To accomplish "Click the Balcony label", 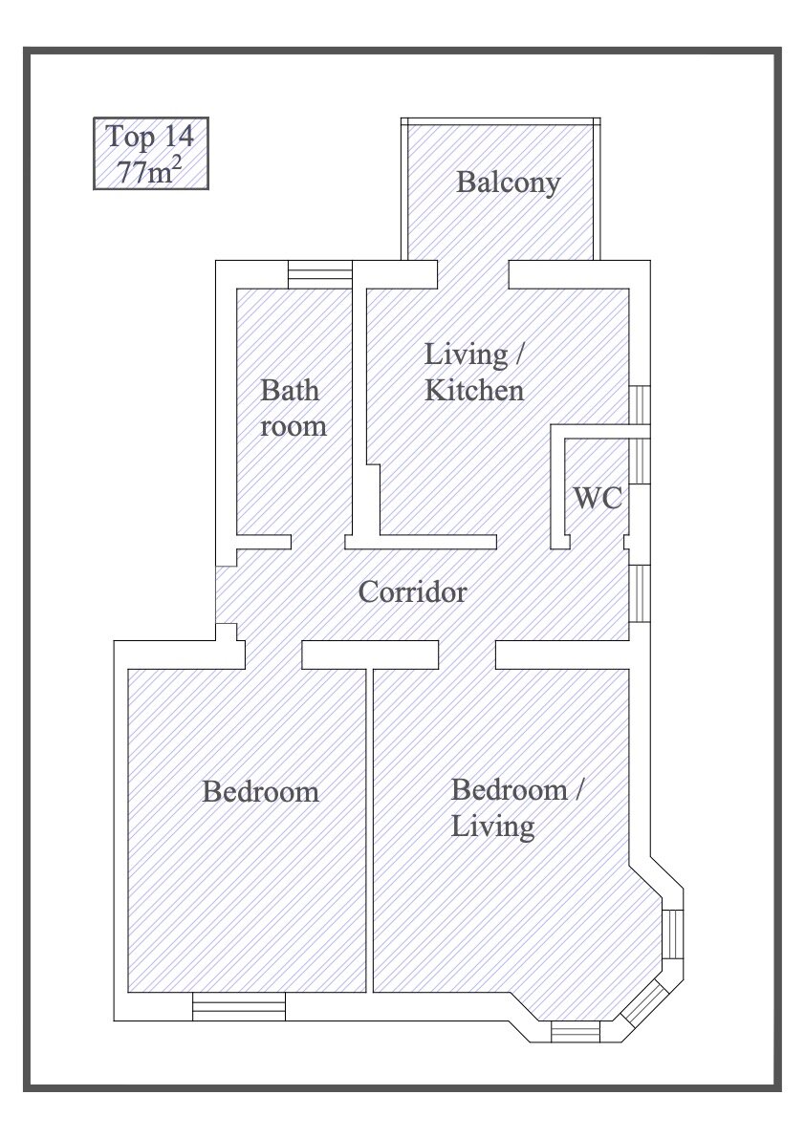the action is tap(508, 183).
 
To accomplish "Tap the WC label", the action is tap(598, 498).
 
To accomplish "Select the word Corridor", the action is tap(412, 592).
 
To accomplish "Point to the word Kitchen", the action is tap(474, 391).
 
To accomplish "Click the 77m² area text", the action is tap(149, 171).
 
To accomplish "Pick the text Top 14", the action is tap(150, 137).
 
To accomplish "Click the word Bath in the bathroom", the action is tap(290, 391).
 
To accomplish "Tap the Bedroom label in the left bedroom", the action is tap(261, 791).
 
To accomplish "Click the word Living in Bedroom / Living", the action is tap(493, 827).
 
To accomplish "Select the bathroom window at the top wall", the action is tap(320, 275).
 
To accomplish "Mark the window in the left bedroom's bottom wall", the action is tap(239, 1007).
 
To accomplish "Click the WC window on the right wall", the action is tap(640, 461).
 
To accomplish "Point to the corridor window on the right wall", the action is tap(640, 593).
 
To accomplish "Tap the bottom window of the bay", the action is tap(576, 1031).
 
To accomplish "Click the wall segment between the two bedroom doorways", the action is tap(370, 655).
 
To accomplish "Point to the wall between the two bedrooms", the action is tap(369, 830).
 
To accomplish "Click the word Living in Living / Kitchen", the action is tap(467, 354).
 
